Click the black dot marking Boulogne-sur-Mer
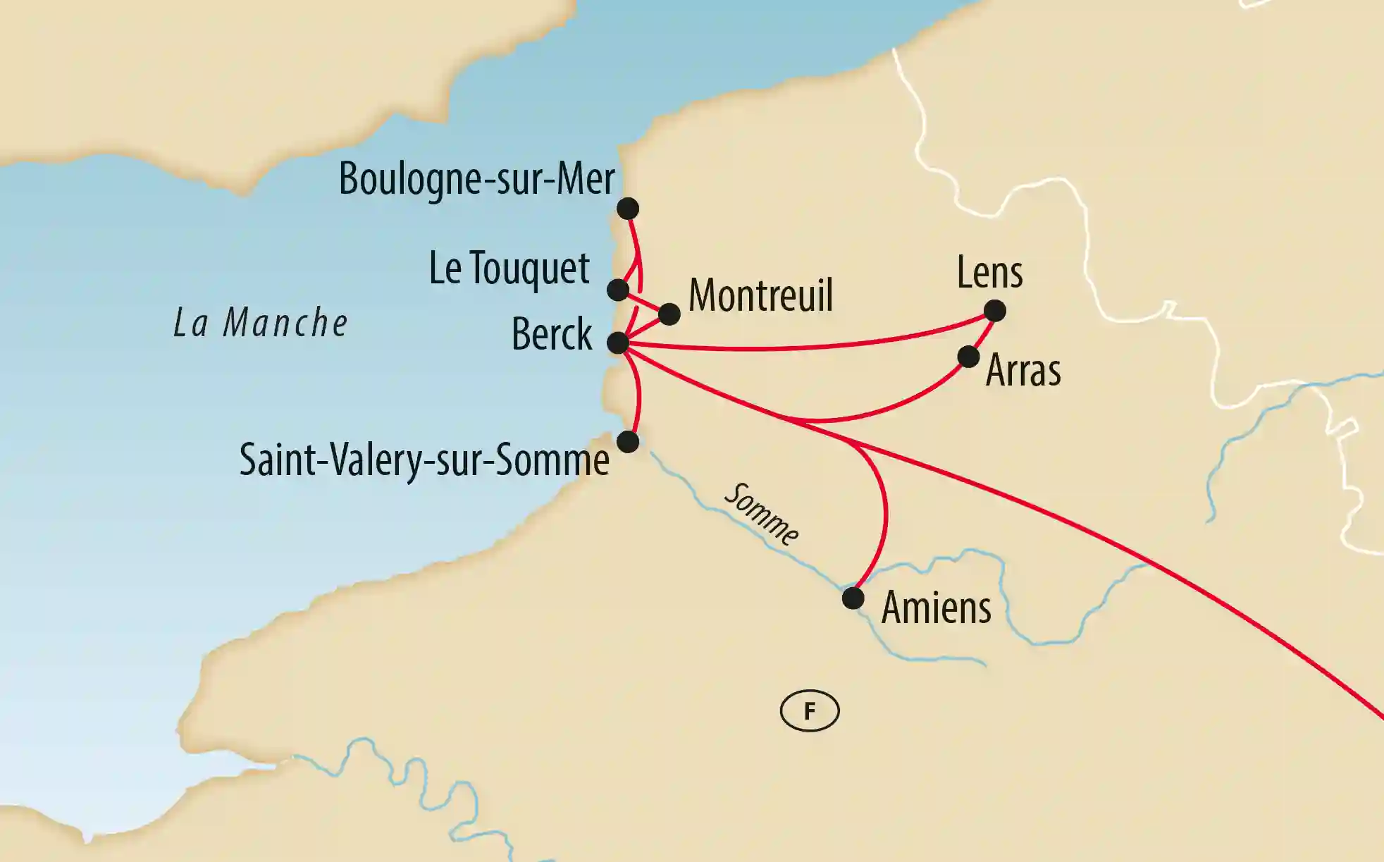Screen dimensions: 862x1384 click(x=627, y=209)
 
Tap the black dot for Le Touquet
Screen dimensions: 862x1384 click(x=618, y=290)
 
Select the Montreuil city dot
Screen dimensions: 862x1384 click(x=669, y=314)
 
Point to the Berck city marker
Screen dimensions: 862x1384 click(x=618, y=343)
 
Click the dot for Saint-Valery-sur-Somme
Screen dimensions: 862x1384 click(x=627, y=442)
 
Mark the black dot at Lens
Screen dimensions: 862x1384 click(x=994, y=310)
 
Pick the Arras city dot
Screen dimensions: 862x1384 click(x=969, y=357)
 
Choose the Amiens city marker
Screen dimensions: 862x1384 click(x=853, y=598)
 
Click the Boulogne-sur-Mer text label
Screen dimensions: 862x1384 click(x=476, y=179)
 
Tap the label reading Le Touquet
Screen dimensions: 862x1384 click(x=509, y=269)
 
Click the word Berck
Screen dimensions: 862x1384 click(x=552, y=334)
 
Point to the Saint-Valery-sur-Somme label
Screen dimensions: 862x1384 click(x=424, y=460)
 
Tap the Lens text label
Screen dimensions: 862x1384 click(x=989, y=273)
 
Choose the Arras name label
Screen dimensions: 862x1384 click(x=1023, y=370)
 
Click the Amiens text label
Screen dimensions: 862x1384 click(x=936, y=608)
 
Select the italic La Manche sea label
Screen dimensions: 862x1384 click(x=261, y=324)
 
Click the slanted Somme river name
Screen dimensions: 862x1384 click(x=762, y=515)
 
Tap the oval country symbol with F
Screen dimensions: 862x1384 click(x=810, y=710)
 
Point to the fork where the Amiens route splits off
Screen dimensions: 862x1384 click(x=855, y=444)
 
